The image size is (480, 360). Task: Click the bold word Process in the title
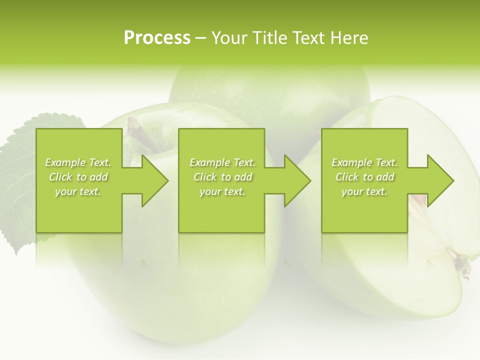point(157,38)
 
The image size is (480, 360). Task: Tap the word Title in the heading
point(269,38)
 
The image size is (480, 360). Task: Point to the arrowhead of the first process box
point(150,180)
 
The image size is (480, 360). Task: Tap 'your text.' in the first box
point(78,191)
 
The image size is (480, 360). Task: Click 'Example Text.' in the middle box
point(222,162)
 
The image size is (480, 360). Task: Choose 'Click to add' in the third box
point(365,177)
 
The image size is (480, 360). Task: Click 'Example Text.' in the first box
point(78,162)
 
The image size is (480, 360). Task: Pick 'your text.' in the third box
point(364,191)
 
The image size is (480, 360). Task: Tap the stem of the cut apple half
point(462,265)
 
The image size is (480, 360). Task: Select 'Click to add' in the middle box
point(222,177)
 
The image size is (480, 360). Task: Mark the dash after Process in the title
point(201,38)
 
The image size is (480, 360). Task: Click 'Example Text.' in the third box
point(364,162)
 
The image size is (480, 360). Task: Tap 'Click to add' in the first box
point(78,177)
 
